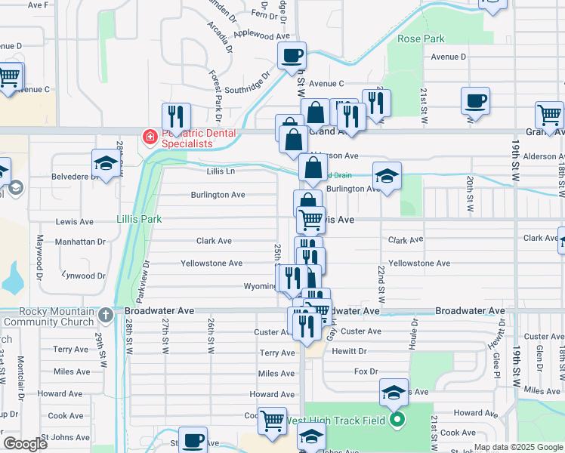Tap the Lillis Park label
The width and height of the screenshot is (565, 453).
tap(140, 219)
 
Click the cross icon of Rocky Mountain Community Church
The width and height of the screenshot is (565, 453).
tap(107, 316)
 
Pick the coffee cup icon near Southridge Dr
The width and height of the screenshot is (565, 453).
tap(292, 57)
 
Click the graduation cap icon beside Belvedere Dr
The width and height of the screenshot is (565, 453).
tap(107, 164)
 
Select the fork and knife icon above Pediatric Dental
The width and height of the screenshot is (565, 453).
tap(175, 117)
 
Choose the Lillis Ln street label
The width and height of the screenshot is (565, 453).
tap(221, 172)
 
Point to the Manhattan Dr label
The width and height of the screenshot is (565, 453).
tap(81, 242)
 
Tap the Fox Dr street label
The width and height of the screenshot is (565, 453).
tap(366, 371)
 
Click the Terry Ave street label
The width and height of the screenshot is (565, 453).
tap(276, 353)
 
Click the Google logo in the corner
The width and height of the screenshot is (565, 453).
tap(24, 444)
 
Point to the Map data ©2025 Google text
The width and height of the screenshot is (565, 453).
tap(517, 447)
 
